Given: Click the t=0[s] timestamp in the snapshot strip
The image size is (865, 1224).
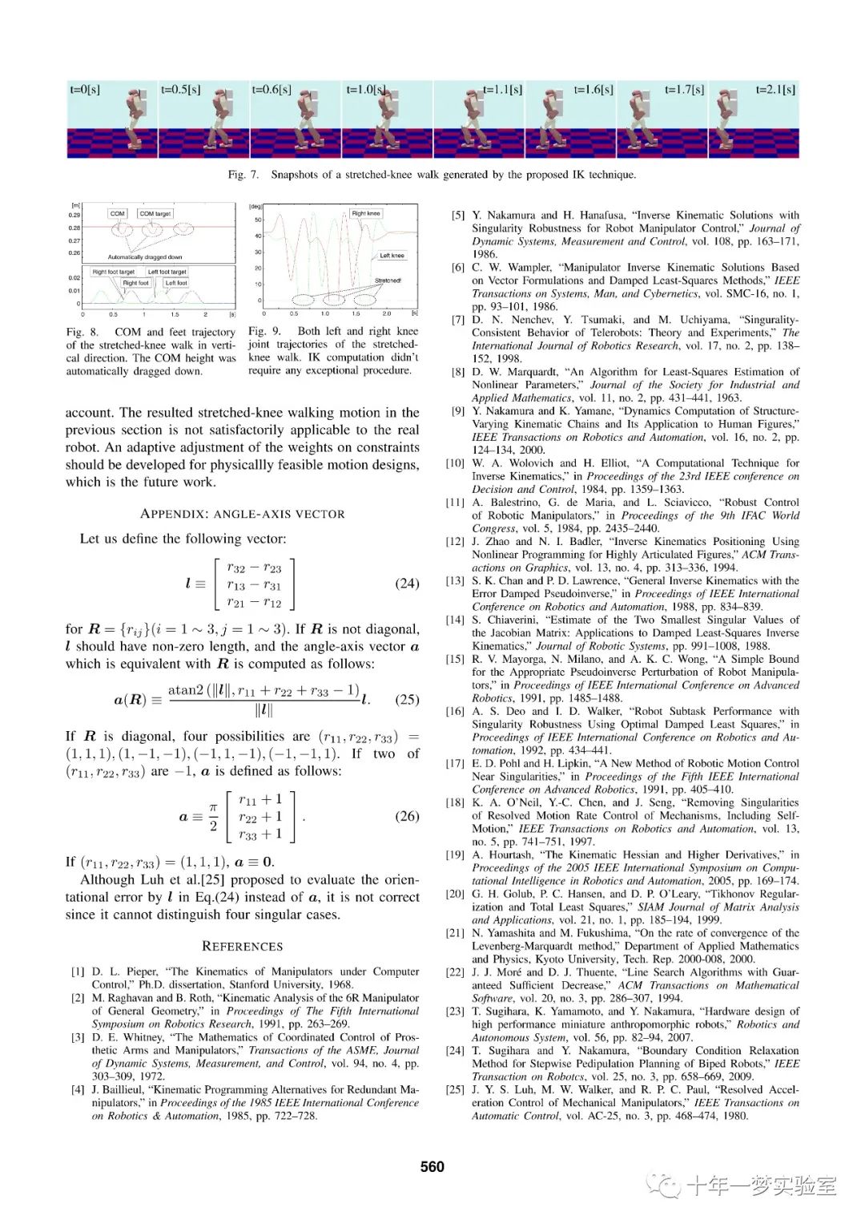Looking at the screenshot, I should [85, 90].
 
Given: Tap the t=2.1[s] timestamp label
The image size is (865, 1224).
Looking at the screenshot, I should [775, 90].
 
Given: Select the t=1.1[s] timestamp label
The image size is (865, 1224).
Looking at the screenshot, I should [503, 90].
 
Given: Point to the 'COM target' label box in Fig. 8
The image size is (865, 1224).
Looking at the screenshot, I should [155, 213].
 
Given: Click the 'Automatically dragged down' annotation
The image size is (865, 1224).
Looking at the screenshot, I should [145, 257].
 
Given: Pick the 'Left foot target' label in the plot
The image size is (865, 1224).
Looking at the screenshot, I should [167, 272].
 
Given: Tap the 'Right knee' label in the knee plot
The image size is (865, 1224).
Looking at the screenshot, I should [366, 213].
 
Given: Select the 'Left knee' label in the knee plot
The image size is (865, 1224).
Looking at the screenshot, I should [392, 256].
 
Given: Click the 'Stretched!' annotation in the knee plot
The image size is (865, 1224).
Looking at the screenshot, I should [388, 281].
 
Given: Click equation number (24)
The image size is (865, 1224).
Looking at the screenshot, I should [407, 584].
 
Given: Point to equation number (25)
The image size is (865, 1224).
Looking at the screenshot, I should [407, 699].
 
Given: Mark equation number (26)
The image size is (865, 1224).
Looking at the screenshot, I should [407, 816].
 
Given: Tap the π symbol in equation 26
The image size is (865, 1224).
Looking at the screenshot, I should [213, 807].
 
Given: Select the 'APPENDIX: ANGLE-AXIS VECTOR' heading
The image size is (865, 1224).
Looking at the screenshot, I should [242, 514].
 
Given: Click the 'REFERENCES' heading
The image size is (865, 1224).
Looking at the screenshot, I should [242, 946].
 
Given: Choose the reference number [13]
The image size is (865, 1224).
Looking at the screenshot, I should [455, 580].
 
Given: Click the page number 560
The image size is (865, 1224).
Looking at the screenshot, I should [432, 1166].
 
